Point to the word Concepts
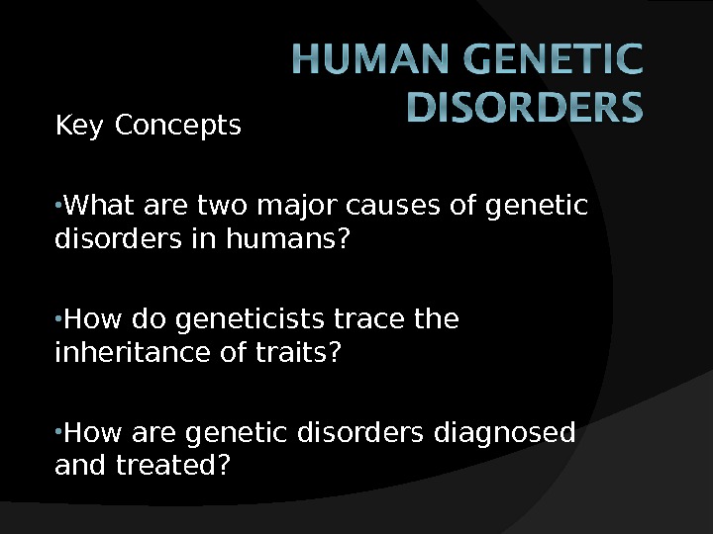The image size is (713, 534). click(178, 127)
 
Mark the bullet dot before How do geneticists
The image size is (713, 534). click(58, 319)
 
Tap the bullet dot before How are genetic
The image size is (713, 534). click(58, 432)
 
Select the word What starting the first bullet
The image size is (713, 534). click(99, 208)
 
